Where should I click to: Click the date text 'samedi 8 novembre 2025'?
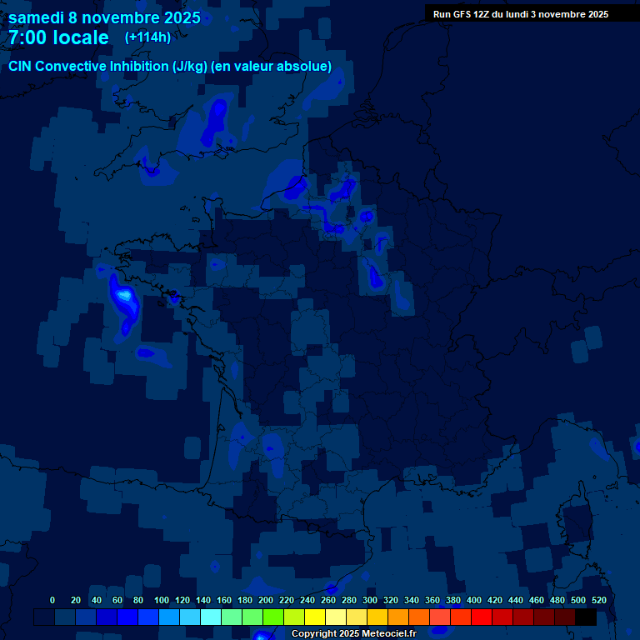tap(104, 17)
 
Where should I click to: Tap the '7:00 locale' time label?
tap(59, 37)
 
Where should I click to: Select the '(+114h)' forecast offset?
tap(148, 37)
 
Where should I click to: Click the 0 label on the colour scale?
tap(52, 600)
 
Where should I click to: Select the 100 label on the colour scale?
tap(162, 600)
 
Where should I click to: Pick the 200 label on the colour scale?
tap(266, 600)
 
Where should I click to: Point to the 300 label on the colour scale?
tap(370, 600)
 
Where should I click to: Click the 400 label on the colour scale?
tap(474, 600)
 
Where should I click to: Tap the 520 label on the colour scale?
tap(598, 600)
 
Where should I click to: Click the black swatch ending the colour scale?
tap(586, 617)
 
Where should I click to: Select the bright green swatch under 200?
tap(273, 617)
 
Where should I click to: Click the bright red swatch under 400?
tap(482, 617)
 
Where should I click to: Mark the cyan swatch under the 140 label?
tap(211, 617)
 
